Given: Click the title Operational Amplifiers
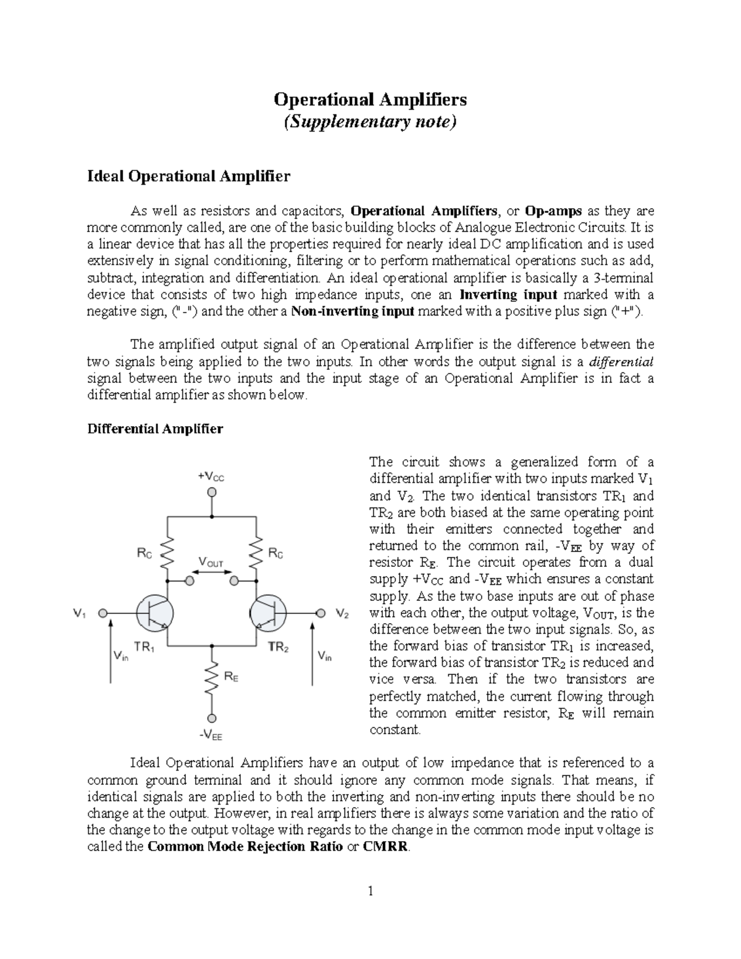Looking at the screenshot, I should (370, 99).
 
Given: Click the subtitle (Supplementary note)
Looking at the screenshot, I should (370, 122).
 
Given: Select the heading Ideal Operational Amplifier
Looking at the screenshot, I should (188, 177).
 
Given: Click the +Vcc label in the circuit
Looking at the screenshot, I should (211, 477).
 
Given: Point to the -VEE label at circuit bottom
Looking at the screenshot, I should (211, 735).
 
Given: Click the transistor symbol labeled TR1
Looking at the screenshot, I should (154, 613).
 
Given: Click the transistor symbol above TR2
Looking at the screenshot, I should (269, 613).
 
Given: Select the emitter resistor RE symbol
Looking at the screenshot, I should (212, 678).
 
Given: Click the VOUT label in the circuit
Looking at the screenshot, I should (211, 563).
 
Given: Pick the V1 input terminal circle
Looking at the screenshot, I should (103, 613).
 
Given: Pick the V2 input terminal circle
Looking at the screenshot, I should (320, 613).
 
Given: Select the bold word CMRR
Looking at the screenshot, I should (385, 847).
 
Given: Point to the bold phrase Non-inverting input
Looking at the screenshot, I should (353, 312).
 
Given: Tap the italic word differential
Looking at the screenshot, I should (622, 362).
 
